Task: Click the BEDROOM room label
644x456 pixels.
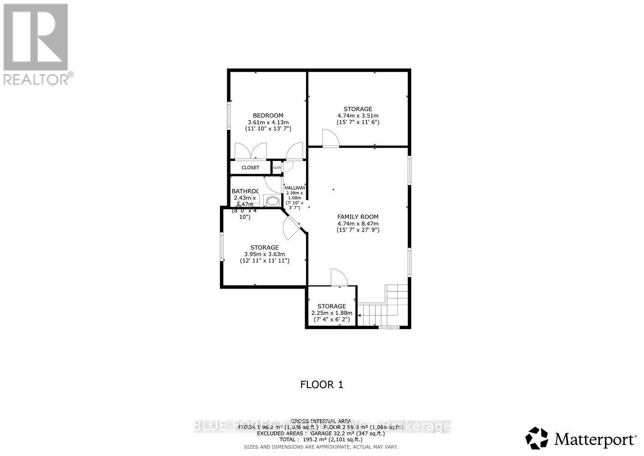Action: coord(268,115)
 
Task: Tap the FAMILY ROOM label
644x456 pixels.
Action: coord(358,217)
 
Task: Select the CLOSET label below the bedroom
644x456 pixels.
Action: coord(250,168)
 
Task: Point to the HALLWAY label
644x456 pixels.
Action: coord(295,188)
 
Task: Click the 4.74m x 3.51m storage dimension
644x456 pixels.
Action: coord(358,116)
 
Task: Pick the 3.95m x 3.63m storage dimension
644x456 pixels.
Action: coord(265,254)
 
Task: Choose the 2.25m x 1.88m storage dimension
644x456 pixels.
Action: coord(332,313)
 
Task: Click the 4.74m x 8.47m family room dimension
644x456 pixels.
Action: coord(358,223)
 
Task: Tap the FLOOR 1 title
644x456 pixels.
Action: coord(322,385)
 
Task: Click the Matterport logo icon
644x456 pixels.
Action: coord(537,439)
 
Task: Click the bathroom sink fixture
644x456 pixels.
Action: coord(273,201)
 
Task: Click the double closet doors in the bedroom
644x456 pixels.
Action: coord(250,151)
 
